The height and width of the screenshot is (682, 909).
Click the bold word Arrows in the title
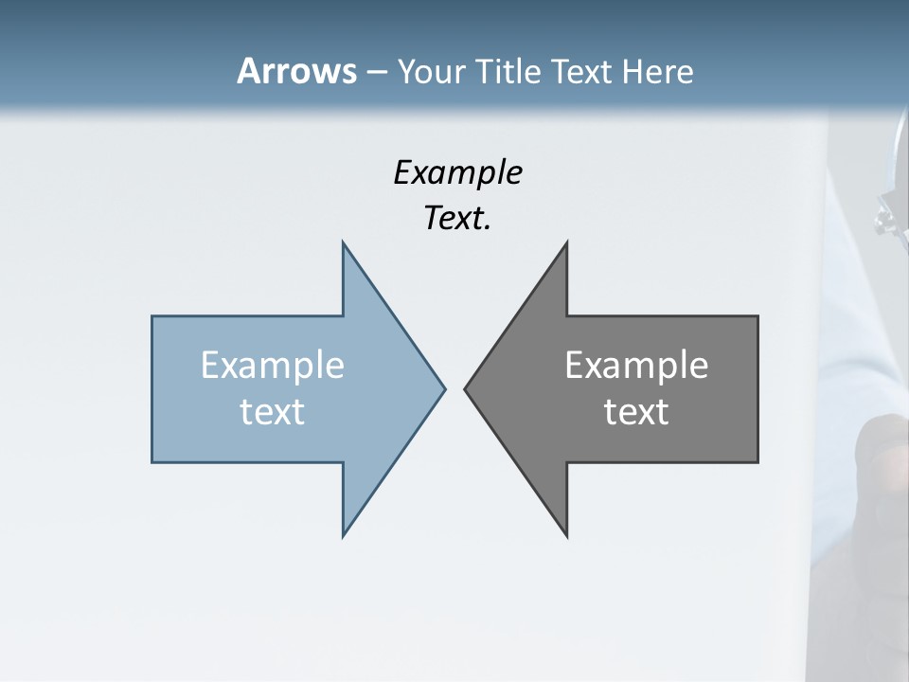[x=296, y=71]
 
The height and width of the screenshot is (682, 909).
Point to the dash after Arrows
[x=376, y=72]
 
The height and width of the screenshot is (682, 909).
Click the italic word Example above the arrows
[x=457, y=172]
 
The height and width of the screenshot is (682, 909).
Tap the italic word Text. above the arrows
[x=457, y=219]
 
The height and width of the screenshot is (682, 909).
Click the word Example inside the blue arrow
[x=273, y=366]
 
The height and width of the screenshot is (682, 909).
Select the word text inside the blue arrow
[x=273, y=411]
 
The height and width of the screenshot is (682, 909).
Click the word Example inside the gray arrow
[x=636, y=366]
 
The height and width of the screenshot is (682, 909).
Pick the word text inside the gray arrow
[x=636, y=411]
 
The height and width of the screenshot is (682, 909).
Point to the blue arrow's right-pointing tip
[x=443, y=388]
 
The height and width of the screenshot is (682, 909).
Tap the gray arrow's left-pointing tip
[x=466, y=388]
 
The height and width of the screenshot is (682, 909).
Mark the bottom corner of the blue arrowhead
[x=344, y=534]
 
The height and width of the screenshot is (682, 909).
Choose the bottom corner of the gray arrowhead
[x=566, y=535]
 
